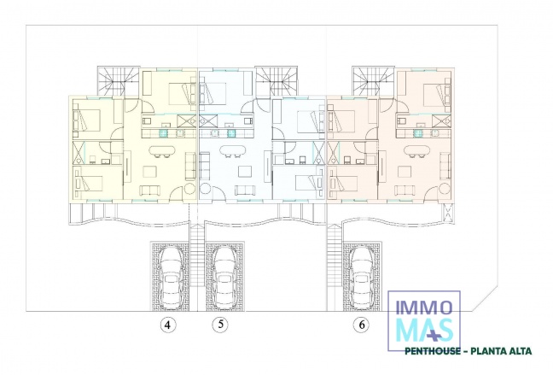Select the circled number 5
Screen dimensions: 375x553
click(x=221, y=325)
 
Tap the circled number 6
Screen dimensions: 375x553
click(x=363, y=325)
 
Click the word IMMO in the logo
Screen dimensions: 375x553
click(x=424, y=305)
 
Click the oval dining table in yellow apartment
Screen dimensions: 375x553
click(x=160, y=153)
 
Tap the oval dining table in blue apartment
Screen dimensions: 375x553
click(x=230, y=153)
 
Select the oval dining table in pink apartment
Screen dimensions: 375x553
click(x=420, y=153)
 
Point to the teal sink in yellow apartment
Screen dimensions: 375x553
click(x=160, y=132)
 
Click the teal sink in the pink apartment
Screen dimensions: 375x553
click(x=418, y=132)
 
